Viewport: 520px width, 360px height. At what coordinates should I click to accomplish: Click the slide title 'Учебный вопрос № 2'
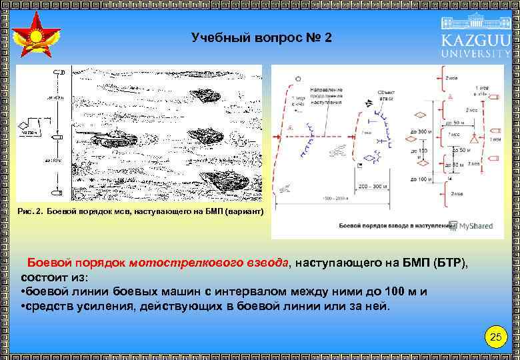pos(261,37)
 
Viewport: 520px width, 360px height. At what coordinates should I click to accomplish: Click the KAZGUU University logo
pos(475,38)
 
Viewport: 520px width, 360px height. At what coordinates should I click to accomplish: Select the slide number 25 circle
pos(495,337)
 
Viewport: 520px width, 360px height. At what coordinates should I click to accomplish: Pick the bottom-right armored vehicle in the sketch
pos(223,179)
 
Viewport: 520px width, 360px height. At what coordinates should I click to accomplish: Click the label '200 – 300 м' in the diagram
pos(372,187)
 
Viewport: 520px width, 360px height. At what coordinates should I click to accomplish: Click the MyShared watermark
pos(470,226)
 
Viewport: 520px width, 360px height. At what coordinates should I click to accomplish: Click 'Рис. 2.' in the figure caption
pos(31,211)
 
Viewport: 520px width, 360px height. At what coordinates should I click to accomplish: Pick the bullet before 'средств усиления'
pos(24,306)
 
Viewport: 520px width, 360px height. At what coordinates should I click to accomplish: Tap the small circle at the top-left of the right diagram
pos(298,79)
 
